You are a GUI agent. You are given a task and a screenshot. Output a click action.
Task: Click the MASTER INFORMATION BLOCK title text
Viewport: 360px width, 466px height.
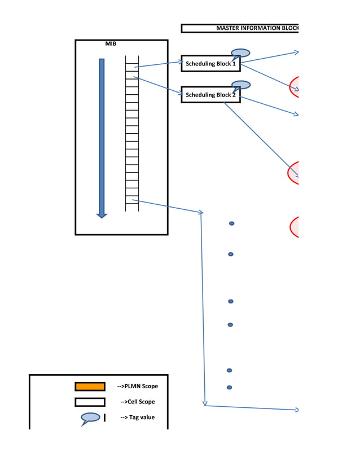point(257,28)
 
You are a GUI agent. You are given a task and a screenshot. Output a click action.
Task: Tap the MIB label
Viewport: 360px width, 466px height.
point(111,43)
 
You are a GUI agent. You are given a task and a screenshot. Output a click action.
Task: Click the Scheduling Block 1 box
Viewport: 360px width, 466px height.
point(210,64)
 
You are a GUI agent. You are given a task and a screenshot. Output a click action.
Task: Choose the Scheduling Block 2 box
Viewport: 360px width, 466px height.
point(210,95)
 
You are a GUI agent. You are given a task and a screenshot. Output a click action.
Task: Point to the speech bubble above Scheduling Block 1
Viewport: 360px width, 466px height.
point(241,53)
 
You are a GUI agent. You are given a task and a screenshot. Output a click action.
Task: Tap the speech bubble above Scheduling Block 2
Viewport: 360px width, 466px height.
point(242,85)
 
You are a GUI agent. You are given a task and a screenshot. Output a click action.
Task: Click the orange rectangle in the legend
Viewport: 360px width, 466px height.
point(90,386)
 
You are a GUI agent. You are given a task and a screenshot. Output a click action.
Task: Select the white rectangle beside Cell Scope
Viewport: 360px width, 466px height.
point(90,402)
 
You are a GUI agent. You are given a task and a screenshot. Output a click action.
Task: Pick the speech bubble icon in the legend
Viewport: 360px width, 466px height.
point(91,418)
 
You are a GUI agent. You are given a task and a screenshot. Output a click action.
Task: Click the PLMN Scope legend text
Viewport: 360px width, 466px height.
point(137,386)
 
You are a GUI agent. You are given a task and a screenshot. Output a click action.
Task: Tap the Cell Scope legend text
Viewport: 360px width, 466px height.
point(137,402)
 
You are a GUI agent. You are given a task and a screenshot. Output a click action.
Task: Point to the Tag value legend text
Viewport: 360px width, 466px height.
point(137,417)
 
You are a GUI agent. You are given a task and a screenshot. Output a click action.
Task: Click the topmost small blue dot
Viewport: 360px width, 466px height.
point(231,224)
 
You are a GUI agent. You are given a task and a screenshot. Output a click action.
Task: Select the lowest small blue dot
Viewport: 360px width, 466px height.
point(230,388)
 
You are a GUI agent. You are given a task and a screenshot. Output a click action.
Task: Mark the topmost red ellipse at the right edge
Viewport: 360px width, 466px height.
point(294,86)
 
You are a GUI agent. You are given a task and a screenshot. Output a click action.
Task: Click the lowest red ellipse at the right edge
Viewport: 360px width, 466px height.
point(294,227)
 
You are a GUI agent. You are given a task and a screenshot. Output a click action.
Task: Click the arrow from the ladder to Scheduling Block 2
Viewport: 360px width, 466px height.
point(157,84)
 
